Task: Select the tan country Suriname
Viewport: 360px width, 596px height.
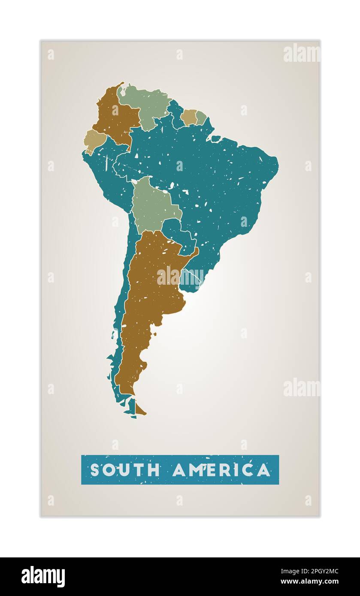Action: (x=188, y=117)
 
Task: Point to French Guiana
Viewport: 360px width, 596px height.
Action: (x=201, y=117)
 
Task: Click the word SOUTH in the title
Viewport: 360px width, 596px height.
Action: (x=124, y=470)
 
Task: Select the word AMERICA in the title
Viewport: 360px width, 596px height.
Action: (x=221, y=470)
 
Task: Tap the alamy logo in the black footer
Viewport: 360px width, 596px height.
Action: (x=43, y=576)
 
